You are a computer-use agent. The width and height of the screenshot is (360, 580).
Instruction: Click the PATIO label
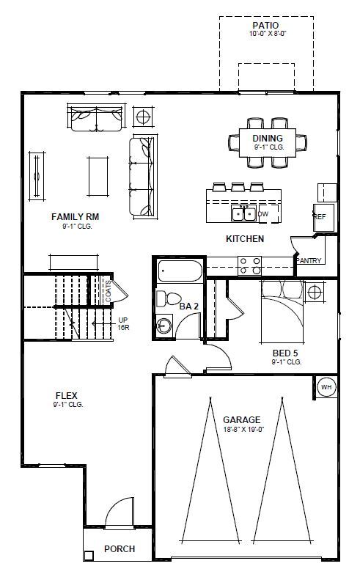(266, 24)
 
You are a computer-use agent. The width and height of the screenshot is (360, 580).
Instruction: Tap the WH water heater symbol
(326, 387)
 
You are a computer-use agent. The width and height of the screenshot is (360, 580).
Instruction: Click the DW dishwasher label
(263, 214)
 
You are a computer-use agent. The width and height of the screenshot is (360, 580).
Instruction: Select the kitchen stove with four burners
(249, 265)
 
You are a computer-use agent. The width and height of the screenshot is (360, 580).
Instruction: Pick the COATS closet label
(108, 291)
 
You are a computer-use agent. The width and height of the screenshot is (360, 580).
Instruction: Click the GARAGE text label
(241, 420)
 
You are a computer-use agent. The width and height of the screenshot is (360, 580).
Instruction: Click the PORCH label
(119, 548)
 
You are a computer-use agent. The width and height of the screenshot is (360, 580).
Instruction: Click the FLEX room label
(66, 395)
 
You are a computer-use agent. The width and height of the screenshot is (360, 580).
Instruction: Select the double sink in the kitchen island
(243, 214)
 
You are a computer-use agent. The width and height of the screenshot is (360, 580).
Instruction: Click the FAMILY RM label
(75, 217)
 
